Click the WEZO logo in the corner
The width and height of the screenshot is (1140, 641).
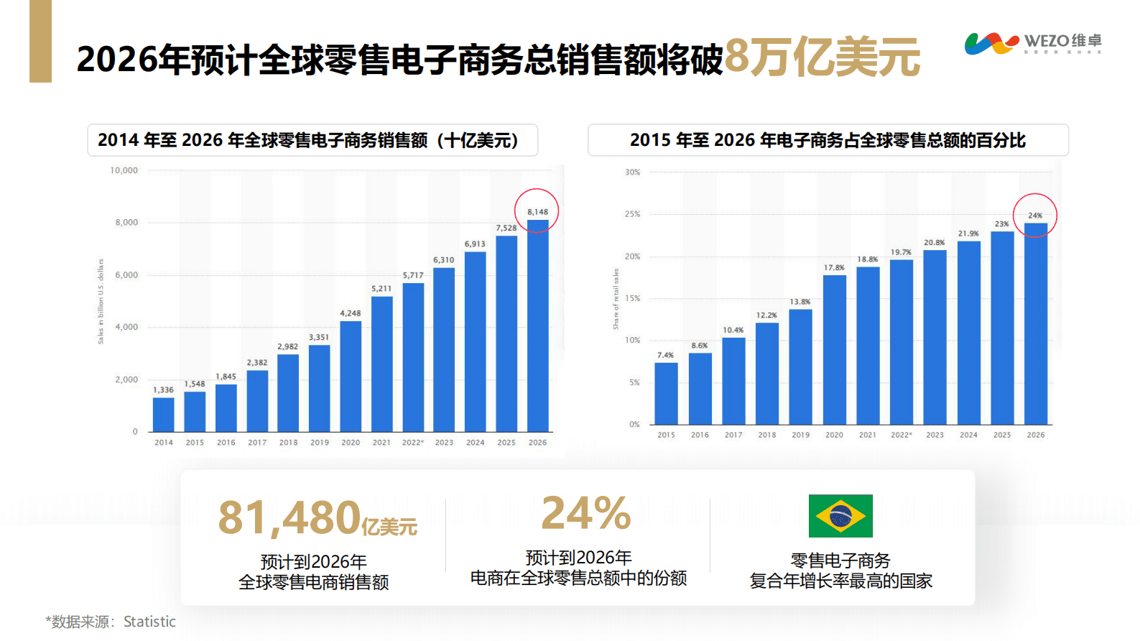1032,43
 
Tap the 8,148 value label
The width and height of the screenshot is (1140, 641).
537,212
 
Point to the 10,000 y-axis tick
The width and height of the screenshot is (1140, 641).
124,170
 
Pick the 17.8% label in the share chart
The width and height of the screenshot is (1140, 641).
834,267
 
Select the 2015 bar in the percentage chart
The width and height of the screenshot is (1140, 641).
666,393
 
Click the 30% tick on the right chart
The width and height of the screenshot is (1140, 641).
632,172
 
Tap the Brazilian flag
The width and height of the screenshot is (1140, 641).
840,516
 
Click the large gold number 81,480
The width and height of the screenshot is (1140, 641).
289,517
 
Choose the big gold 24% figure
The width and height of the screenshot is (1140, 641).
585,513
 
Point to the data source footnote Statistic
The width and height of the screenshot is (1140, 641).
111,622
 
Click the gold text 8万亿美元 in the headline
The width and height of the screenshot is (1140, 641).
822,57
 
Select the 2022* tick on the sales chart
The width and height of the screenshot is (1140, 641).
413,443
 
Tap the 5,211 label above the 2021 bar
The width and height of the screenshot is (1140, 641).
381,288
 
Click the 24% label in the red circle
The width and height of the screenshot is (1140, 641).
1035,216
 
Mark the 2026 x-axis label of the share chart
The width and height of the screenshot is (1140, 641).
1035,435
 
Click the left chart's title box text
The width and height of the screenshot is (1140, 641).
309,140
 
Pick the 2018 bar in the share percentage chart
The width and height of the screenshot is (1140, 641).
767,374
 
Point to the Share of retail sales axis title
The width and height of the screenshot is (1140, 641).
616,299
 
